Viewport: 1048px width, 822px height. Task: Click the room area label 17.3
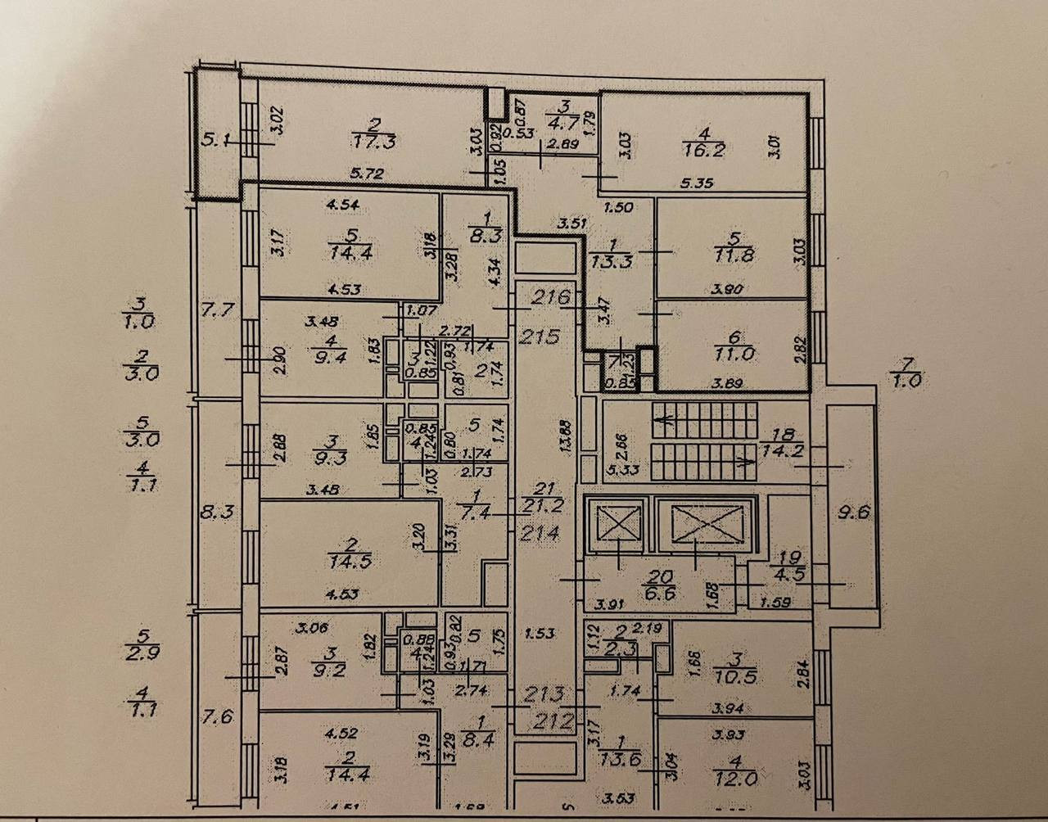pos(377,142)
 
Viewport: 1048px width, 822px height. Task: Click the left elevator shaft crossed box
pos(615,523)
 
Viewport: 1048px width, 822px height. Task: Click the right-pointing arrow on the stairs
pos(746,461)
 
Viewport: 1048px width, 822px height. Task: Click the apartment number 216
pos(551,298)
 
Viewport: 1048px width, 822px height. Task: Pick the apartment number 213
pos(545,695)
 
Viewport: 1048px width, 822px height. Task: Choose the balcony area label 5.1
pos(215,140)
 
